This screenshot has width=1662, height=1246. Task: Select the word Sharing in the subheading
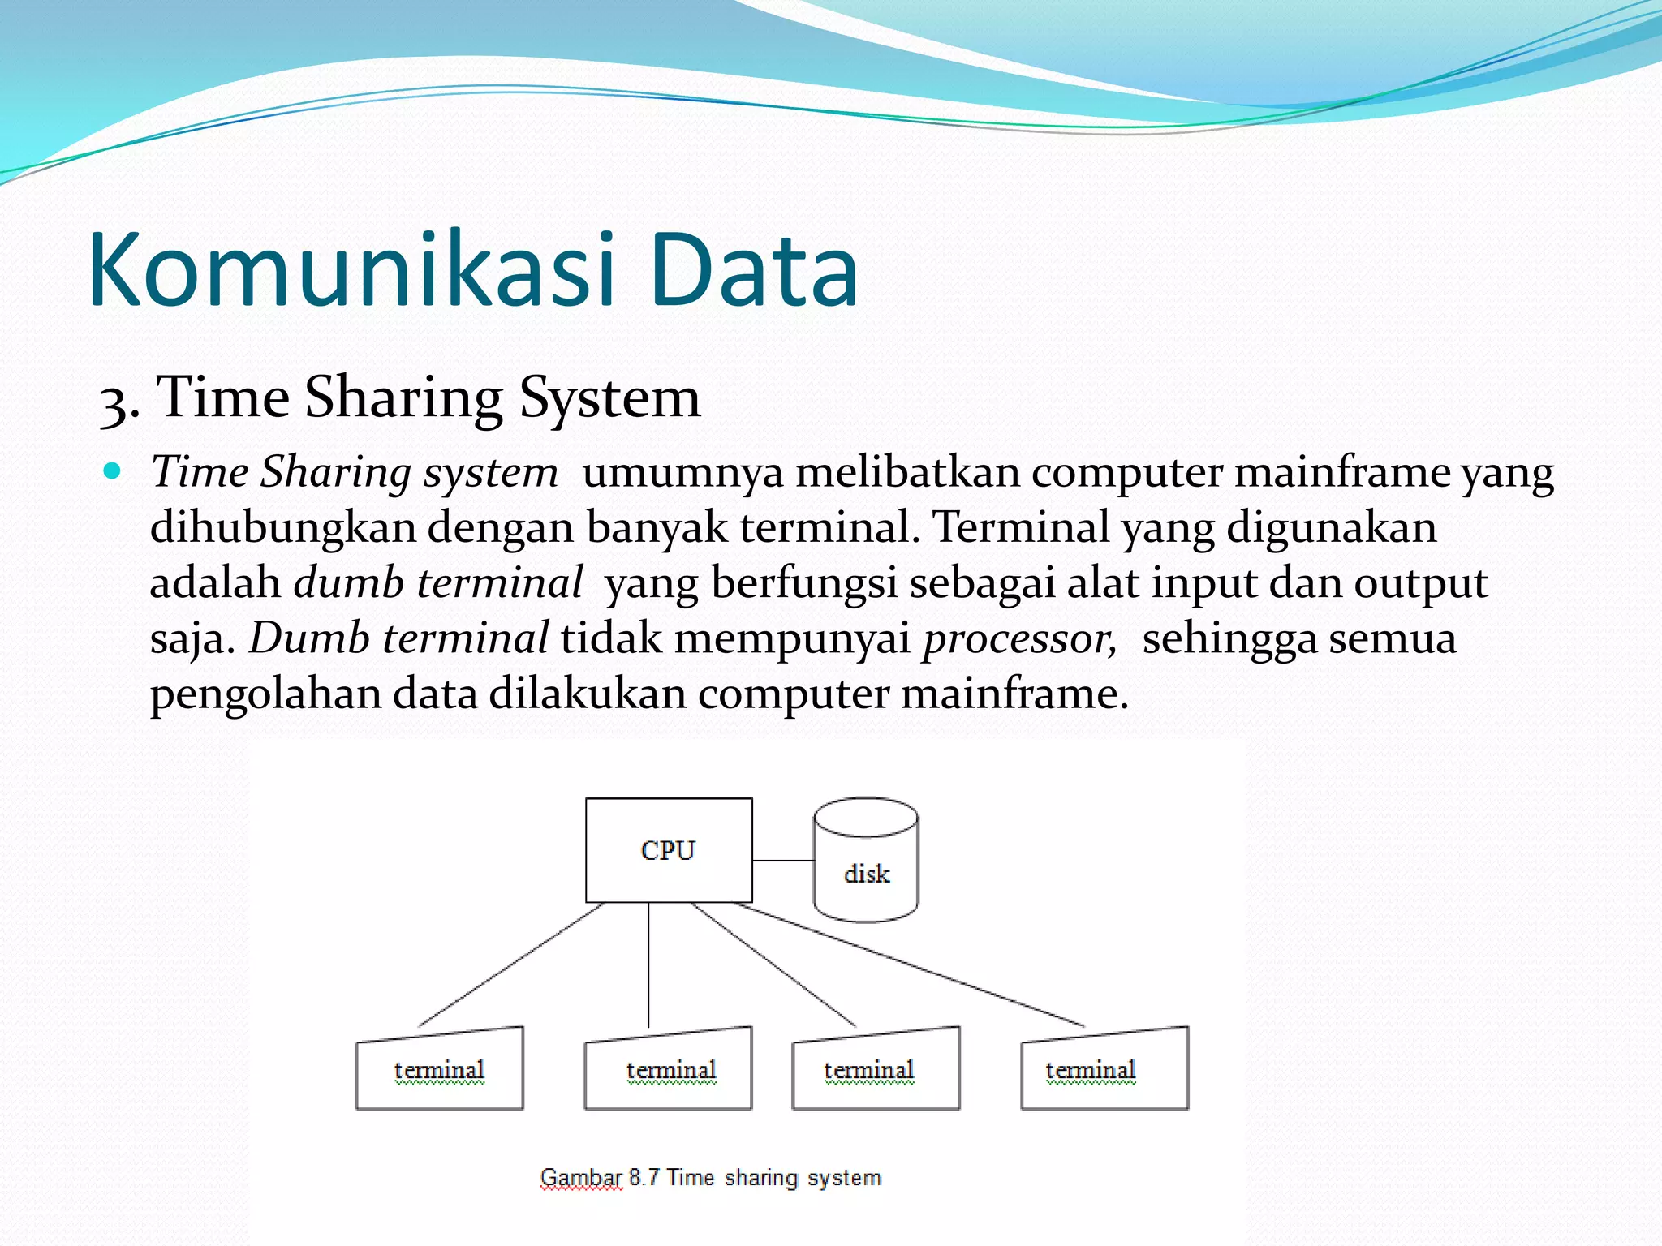[403, 399]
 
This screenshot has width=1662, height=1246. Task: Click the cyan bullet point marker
[113, 470]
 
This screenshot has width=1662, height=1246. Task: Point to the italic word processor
[1019, 639]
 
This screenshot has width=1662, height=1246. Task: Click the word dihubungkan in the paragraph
[282, 529]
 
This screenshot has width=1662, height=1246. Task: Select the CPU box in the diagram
[669, 850]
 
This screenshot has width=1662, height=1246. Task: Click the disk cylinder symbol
[866, 860]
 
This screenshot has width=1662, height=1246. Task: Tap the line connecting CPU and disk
[783, 861]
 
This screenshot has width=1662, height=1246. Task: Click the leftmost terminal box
[439, 1071]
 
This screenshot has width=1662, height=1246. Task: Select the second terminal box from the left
[669, 1071]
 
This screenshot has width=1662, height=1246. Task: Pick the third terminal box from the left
[876, 1071]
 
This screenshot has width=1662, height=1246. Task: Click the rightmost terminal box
[1104, 1071]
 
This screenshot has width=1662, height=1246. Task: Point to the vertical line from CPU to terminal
[648, 965]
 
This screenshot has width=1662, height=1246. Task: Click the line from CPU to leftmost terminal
[511, 965]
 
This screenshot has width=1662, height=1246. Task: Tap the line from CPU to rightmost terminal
[909, 965]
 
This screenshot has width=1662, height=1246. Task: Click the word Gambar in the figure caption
[581, 1178]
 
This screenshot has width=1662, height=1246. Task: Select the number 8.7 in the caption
[644, 1177]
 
